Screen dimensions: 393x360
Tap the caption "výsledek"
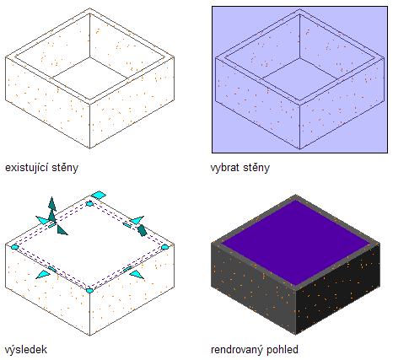click(26, 350)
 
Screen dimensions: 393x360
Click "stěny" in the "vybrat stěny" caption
click(256, 168)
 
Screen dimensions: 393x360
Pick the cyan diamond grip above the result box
click(99, 195)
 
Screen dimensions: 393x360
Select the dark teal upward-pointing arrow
click(51, 204)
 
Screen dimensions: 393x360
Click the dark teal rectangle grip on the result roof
click(142, 230)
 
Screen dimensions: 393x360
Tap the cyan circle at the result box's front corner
click(89, 290)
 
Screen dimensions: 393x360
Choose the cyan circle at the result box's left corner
click(14, 247)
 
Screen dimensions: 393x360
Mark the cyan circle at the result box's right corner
click(164, 247)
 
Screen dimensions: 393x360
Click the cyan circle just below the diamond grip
click(89, 204)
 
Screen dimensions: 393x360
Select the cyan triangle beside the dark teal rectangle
click(137, 220)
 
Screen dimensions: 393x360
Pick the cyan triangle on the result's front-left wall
click(44, 274)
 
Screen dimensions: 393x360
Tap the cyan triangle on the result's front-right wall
click(137, 274)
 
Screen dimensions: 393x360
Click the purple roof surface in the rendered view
click(296, 243)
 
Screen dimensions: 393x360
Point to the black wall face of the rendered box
click(338, 289)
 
